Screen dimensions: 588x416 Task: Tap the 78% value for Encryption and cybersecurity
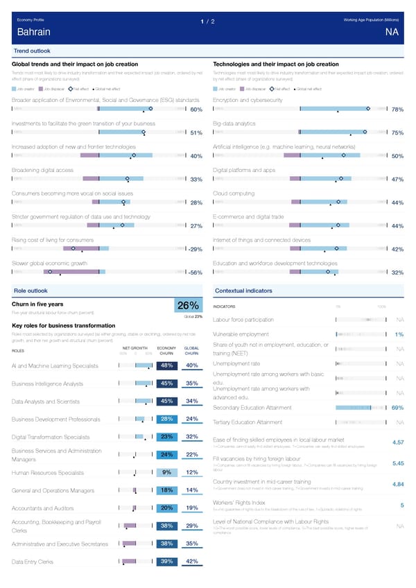coord(397,110)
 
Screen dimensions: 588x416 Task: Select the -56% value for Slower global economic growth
coord(195,273)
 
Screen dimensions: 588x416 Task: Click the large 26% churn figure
coord(189,306)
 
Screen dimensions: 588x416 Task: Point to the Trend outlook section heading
coord(31,51)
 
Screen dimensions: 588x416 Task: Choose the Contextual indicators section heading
coord(243,290)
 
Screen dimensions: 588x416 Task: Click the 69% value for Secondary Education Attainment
coord(397,408)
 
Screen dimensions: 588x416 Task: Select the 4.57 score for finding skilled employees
coord(398,442)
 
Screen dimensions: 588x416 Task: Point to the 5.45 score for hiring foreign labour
coord(398,464)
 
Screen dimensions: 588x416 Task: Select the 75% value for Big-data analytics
coord(397,133)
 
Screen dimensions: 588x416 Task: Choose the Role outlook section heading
coord(31,290)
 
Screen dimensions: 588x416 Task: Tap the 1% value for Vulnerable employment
coord(399,336)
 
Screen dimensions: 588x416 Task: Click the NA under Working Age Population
coord(392,33)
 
